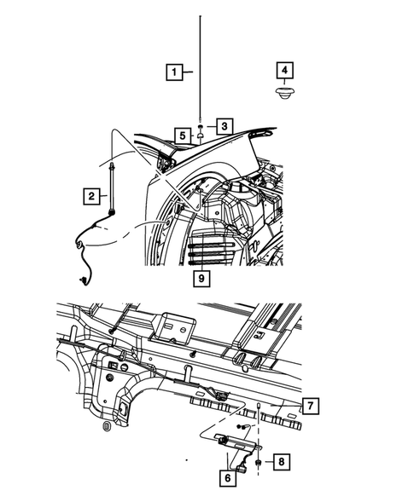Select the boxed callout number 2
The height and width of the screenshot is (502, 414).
(x=89, y=197)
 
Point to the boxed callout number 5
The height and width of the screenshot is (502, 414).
(x=182, y=134)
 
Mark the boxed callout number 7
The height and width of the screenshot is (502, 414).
(x=312, y=407)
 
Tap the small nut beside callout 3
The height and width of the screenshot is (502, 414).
(x=199, y=124)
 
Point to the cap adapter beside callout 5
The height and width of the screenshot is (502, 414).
(x=199, y=135)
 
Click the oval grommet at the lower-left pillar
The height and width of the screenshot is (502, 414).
(x=104, y=425)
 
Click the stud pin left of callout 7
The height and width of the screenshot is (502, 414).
(x=257, y=407)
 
